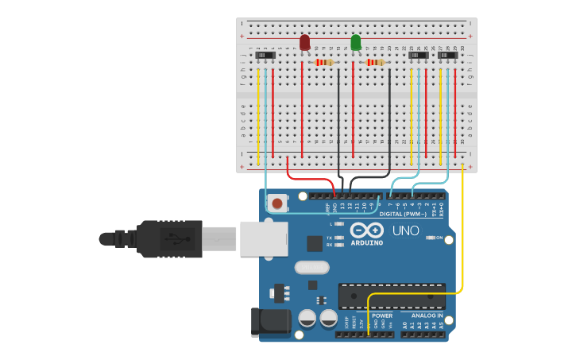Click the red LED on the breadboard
tap(305, 42)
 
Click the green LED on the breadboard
tap(355, 42)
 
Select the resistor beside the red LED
tap(324, 62)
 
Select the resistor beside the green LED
tap(374, 62)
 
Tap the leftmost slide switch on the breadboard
tap(265, 55)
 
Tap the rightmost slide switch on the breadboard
tap(449, 55)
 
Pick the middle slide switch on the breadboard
tap(418, 55)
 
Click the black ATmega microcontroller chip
tap(392, 296)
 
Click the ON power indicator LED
tap(429, 238)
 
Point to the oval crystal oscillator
tap(311, 268)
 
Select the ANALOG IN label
tap(427, 315)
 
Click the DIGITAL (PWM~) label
tap(403, 214)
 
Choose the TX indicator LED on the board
tap(340, 237)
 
